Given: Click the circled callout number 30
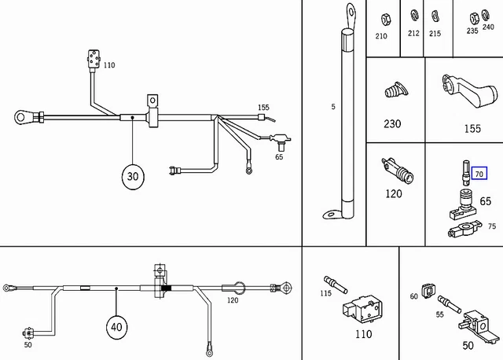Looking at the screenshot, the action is click(x=132, y=177).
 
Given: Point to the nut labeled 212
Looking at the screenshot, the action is click(x=414, y=16).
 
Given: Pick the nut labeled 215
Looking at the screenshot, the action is click(x=435, y=16).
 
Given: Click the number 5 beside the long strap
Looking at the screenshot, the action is click(x=333, y=106).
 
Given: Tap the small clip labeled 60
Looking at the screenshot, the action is click(x=429, y=292).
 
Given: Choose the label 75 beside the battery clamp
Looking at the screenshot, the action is click(x=492, y=226).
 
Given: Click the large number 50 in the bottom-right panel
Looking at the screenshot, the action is click(x=468, y=344).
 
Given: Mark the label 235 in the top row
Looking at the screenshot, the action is click(x=472, y=31).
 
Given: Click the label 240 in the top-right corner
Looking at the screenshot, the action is click(x=488, y=26).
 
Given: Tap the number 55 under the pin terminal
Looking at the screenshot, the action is click(x=441, y=314).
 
